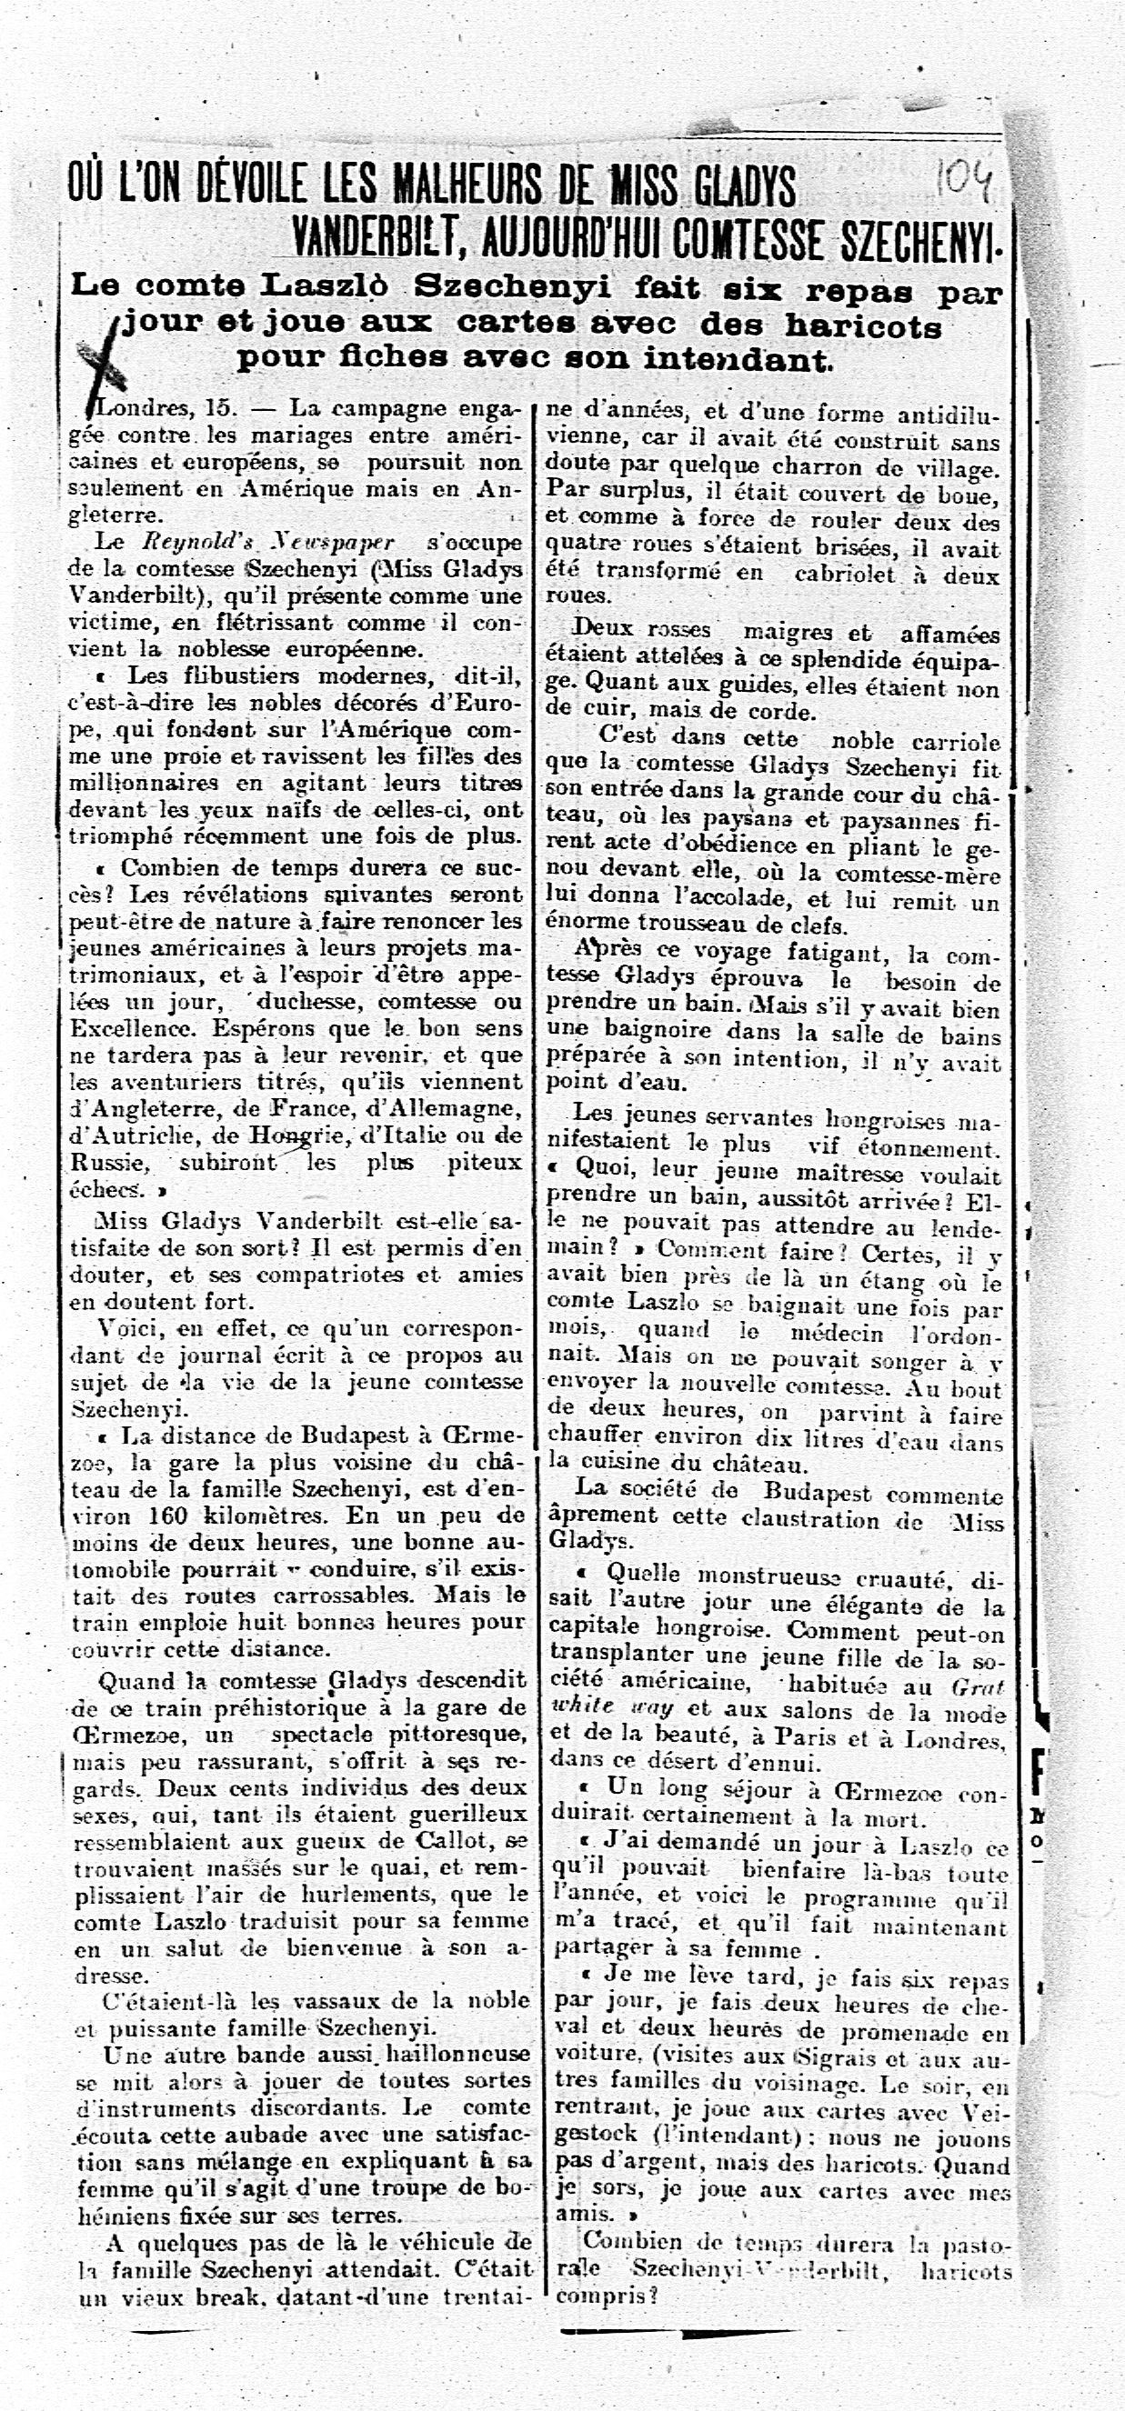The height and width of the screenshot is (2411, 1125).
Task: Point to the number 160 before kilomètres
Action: (168, 1516)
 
